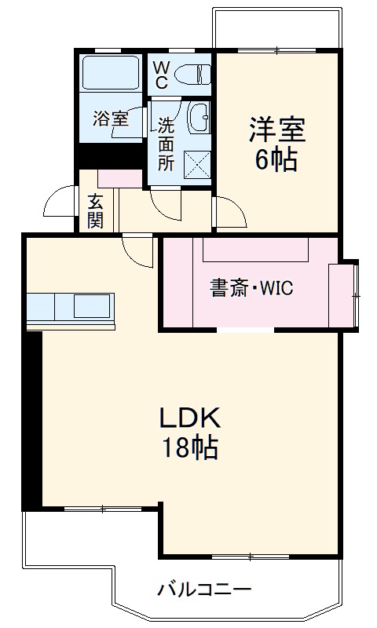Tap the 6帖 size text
click(276, 160)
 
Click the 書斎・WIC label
click(251, 288)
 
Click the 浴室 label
click(109, 119)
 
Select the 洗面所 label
click(166, 144)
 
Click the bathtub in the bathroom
click(111, 74)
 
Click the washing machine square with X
click(196, 166)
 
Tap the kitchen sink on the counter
click(93, 305)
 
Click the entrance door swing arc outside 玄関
click(61, 203)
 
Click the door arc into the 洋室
click(228, 213)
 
